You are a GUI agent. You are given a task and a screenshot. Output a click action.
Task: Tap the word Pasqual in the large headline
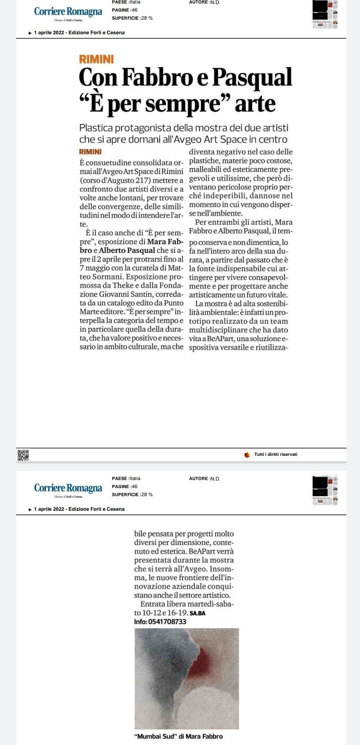252,78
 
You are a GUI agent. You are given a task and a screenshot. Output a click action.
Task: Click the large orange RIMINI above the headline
96,59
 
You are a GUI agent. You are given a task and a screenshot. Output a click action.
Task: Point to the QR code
23,455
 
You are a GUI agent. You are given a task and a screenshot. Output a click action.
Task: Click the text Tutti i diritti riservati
275,455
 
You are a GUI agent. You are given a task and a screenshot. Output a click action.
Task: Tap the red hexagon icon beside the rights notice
247,455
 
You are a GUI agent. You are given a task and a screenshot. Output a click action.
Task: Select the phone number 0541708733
168,622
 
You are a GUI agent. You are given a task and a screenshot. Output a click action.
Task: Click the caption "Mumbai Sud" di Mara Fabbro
179,736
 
